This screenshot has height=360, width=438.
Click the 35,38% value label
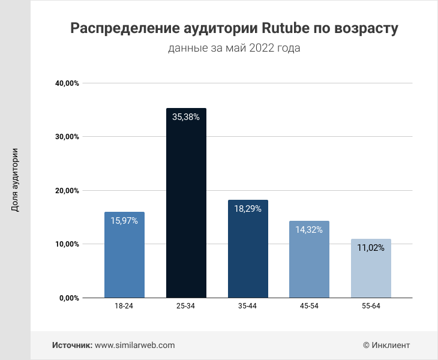coord(186,118)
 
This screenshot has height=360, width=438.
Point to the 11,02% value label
coord(371,248)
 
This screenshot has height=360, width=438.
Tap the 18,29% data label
coord(248,209)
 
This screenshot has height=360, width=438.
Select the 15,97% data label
coord(124,221)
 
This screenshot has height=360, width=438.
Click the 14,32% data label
coord(309,230)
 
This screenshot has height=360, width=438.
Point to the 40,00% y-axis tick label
coord(67,83)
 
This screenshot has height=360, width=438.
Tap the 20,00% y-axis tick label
coord(67,191)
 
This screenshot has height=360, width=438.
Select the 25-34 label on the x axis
coord(186,306)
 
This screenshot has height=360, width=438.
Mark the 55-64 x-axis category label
coord(371,306)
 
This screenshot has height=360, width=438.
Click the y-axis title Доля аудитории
coord(15,180)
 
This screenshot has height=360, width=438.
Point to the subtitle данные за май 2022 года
coord(234,48)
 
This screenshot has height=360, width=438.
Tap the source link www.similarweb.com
coord(135,345)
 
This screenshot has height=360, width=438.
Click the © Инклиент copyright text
coord(386,345)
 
